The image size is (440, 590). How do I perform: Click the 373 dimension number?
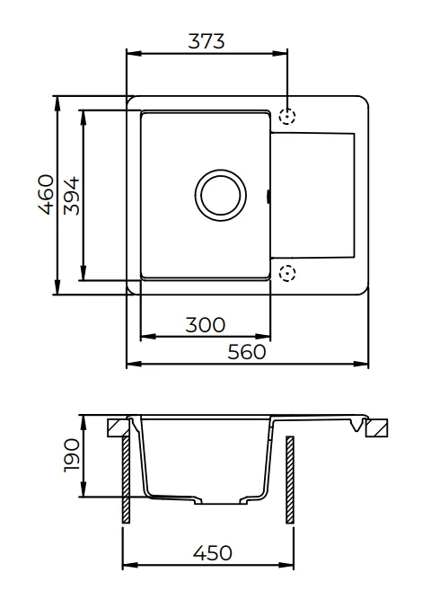click(x=207, y=41)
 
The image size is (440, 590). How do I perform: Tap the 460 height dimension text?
click(x=46, y=195)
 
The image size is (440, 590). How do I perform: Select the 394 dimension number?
click(x=72, y=196)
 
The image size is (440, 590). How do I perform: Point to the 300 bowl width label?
click(x=206, y=325)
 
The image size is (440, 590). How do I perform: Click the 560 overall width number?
click(x=247, y=352)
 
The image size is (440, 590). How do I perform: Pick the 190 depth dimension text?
click(x=72, y=455)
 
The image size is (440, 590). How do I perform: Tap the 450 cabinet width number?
click(x=213, y=553)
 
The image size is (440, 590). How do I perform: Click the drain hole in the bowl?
click(x=221, y=195)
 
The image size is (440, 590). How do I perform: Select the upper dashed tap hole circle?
click(x=287, y=116)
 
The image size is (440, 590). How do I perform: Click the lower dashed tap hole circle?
click(x=287, y=273)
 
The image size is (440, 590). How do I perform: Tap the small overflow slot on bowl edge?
click(x=268, y=196)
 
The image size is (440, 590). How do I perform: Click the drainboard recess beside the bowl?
click(x=312, y=195)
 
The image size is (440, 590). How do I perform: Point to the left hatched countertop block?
click(x=118, y=428)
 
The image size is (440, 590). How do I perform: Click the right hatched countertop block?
click(x=377, y=427)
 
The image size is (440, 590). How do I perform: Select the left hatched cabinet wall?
click(x=126, y=480)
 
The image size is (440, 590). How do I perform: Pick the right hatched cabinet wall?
click(x=290, y=480)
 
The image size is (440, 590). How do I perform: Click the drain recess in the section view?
click(x=221, y=501)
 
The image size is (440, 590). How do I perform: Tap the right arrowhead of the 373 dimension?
click(x=279, y=53)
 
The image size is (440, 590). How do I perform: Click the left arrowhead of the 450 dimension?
click(x=130, y=565)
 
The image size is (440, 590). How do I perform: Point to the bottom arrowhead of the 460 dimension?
click(x=57, y=287)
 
